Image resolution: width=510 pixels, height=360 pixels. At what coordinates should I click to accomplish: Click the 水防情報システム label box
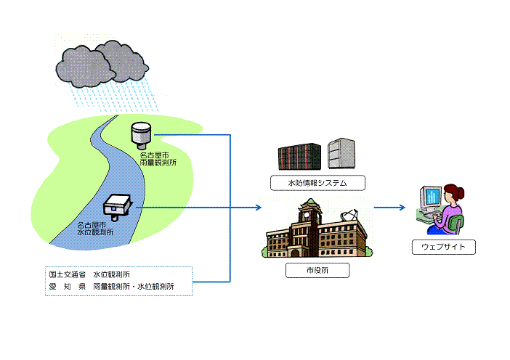pyautogui.click(x=317, y=183)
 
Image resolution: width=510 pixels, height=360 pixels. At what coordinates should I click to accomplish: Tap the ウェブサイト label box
pyautogui.click(x=443, y=247)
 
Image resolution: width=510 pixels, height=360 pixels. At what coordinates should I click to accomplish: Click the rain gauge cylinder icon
pyautogui.click(x=140, y=134)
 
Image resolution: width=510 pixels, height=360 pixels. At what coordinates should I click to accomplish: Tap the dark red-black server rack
pyautogui.click(x=299, y=156)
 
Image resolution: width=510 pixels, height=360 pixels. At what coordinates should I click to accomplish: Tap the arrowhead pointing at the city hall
pyautogui.click(x=257, y=208)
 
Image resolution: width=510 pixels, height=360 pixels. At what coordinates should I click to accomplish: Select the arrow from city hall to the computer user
pyautogui.click(x=390, y=208)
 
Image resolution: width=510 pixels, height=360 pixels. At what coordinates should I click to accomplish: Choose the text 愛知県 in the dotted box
pyautogui.click(x=68, y=287)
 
